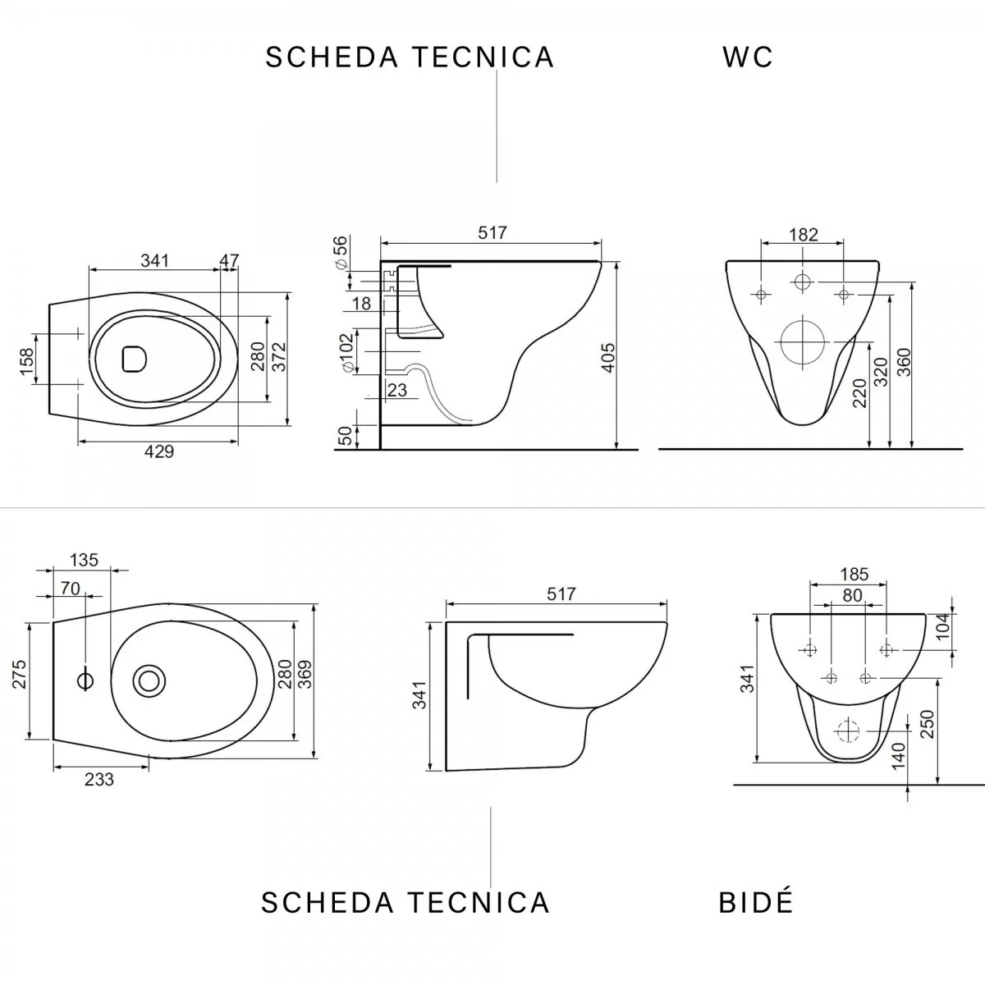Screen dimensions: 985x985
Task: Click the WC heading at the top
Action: [x=748, y=57]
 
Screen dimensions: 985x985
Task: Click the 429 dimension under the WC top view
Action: [x=159, y=451]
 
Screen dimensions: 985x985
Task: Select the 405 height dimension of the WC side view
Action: [x=607, y=357]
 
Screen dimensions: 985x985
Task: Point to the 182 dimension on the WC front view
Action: [x=803, y=235]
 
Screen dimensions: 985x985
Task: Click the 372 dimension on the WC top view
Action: [x=279, y=358]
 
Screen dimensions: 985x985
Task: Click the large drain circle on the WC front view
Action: [x=801, y=341]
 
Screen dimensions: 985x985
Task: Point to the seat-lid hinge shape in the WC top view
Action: [x=134, y=360]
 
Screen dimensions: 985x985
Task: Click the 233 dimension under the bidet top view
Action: [x=99, y=780]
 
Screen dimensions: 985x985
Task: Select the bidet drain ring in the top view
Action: [x=149, y=680]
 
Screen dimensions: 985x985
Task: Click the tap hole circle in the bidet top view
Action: [x=85, y=680]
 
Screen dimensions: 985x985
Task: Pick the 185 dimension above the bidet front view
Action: [x=848, y=575]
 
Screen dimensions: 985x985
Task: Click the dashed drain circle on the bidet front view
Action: [x=845, y=727]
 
